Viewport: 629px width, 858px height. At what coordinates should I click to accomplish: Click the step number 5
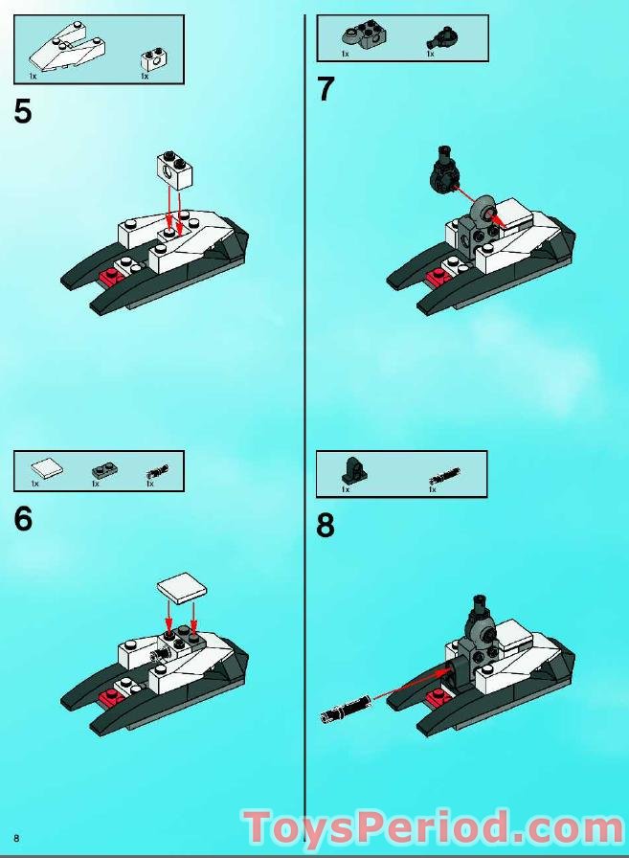pyautogui.click(x=23, y=111)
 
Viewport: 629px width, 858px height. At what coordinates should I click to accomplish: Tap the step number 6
pyautogui.click(x=24, y=518)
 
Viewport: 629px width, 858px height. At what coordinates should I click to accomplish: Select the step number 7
pyautogui.click(x=326, y=89)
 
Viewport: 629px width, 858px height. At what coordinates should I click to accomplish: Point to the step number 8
pyautogui.click(x=326, y=526)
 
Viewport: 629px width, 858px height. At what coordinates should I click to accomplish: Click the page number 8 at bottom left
pyautogui.click(x=17, y=838)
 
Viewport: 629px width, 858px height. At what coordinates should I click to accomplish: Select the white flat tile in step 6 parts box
pyautogui.click(x=47, y=468)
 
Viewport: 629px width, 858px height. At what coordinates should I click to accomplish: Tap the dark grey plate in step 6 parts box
pyautogui.click(x=102, y=470)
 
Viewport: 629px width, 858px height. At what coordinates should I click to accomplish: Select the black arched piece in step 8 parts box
pyautogui.click(x=354, y=471)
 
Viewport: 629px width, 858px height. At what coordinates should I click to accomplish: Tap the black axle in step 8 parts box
pyautogui.click(x=444, y=475)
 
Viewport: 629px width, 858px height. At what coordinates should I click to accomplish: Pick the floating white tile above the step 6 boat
pyautogui.click(x=182, y=589)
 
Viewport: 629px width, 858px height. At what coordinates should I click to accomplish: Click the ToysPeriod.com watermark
pyautogui.click(x=433, y=828)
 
